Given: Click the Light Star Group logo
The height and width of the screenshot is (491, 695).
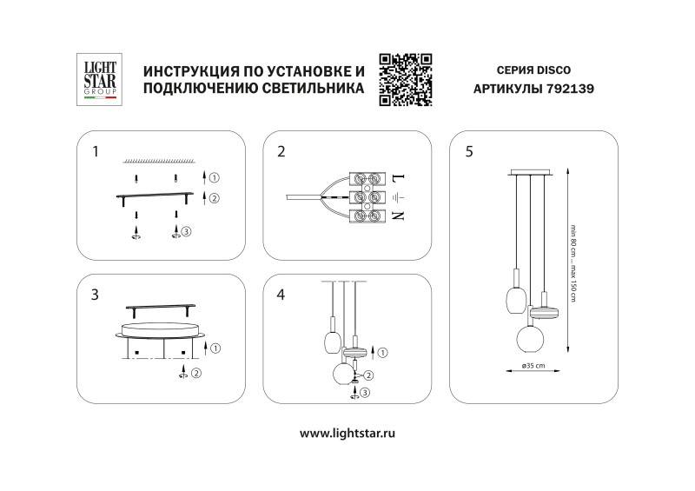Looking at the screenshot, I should point(96,81).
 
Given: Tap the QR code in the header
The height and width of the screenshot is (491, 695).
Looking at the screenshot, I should point(406,79).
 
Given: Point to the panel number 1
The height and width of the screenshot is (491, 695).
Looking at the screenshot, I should point(96,152).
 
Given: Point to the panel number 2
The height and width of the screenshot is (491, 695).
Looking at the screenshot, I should point(281,152).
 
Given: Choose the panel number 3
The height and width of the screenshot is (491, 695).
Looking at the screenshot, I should point(96,294).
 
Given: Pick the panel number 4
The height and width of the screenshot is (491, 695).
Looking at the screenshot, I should point(281,294).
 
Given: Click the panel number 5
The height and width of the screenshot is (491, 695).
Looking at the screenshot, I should point(470,152).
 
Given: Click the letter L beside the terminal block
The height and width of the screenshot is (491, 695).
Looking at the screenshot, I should point(398,177).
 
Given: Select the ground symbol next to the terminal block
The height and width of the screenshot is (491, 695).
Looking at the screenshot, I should point(398,197).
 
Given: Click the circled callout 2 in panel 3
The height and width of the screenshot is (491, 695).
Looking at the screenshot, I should point(197,374).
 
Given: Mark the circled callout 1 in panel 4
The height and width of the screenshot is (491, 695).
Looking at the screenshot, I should point(384,352).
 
